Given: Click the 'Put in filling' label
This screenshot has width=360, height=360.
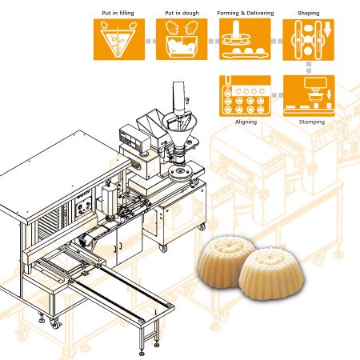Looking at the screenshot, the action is point(118,13).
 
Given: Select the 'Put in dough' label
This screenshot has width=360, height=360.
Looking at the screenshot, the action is point(182,13).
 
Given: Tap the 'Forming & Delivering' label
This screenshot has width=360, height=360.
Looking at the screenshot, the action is point(246,13).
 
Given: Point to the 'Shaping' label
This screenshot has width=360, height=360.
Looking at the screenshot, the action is point(308,13).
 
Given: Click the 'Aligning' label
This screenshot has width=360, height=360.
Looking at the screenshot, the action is point(246,122).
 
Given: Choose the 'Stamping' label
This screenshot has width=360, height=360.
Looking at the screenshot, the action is point(312,122).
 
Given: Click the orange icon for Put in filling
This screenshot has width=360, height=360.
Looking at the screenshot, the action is point(119,39).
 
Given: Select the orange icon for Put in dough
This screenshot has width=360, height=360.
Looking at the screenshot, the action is point(182,39).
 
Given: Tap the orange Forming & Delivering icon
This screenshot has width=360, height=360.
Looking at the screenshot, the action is point(245,39).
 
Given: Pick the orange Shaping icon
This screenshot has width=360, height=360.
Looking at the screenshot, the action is point(308,40).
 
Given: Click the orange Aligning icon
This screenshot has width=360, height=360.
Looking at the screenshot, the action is point(245,96).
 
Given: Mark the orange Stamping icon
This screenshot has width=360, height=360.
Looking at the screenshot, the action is point(309,96).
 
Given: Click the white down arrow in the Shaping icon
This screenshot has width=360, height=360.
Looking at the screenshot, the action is point(327,29).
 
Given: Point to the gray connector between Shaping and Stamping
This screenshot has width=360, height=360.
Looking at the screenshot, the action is point(309,68).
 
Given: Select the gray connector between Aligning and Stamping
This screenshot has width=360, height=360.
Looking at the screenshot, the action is point(277,95).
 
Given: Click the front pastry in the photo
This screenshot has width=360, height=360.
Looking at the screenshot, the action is point(271,274).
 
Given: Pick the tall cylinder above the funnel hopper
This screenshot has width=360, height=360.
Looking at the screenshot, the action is point(178,97).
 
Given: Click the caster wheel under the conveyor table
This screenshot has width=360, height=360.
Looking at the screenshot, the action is point(55,323).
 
